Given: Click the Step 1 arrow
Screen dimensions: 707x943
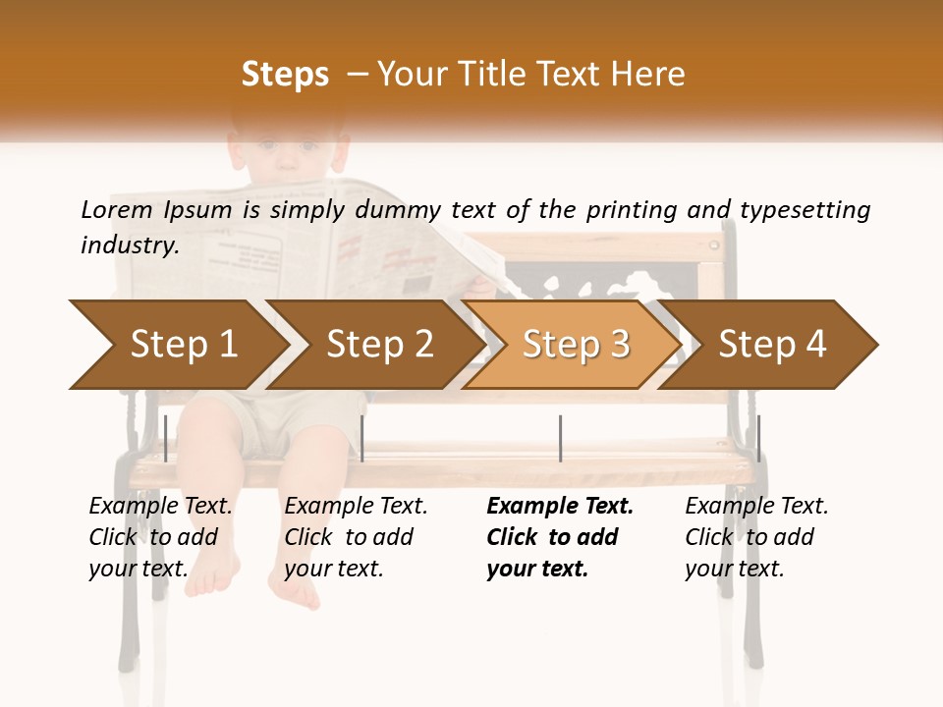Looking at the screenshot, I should [182, 345].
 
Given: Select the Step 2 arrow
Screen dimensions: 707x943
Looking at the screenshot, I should [379, 345].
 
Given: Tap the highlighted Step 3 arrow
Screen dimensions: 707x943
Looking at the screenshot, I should [576, 345].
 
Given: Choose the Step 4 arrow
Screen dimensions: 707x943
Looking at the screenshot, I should [772, 345].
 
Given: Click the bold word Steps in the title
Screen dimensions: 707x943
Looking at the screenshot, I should [285, 74].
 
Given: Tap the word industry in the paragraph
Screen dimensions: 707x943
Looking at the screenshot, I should [129, 245].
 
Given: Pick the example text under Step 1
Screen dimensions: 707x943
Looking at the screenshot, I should [160, 536].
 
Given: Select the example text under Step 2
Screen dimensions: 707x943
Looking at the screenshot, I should [356, 536].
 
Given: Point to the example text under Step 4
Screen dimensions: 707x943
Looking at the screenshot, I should [756, 536].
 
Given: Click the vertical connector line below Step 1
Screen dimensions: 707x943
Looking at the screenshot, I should [166, 438].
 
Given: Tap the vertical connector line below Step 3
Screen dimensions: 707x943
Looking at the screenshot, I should [560, 438].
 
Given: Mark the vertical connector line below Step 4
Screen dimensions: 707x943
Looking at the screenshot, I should [758, 438].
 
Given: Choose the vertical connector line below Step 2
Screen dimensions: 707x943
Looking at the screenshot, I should [362, 438].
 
